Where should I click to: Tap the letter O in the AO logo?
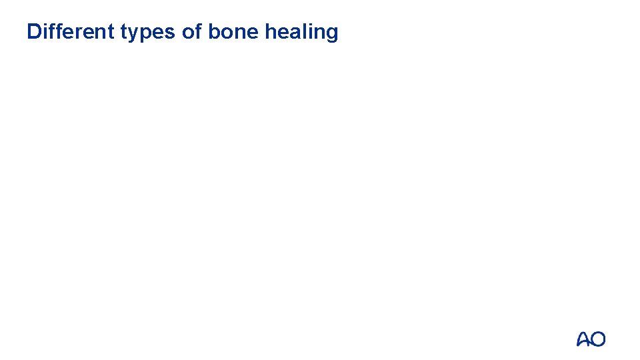(x=598, y=339)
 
